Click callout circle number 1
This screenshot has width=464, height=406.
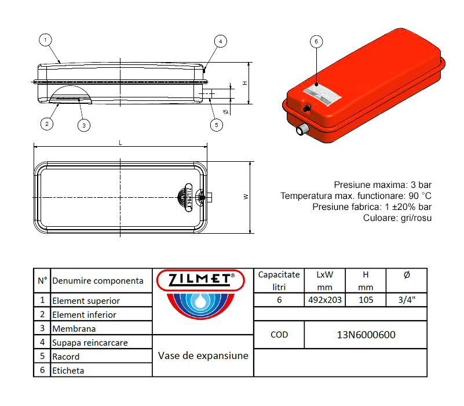pos(46,40)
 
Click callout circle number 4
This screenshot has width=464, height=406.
pos(220,41)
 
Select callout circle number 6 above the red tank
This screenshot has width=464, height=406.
pos(316,42)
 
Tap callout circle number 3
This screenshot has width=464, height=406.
pos(83,124)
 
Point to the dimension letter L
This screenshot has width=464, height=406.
pos(120,142)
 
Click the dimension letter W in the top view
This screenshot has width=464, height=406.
pos(246,197)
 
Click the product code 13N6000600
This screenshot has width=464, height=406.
pos(366,335)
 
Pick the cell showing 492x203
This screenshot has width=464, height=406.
pos(324,300)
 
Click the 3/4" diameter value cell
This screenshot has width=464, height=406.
pos(406,300)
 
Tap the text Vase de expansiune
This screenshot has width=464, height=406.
pos(203,356)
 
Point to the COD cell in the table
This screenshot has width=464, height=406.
pos(279,335)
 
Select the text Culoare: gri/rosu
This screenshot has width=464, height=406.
pos(397,218)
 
